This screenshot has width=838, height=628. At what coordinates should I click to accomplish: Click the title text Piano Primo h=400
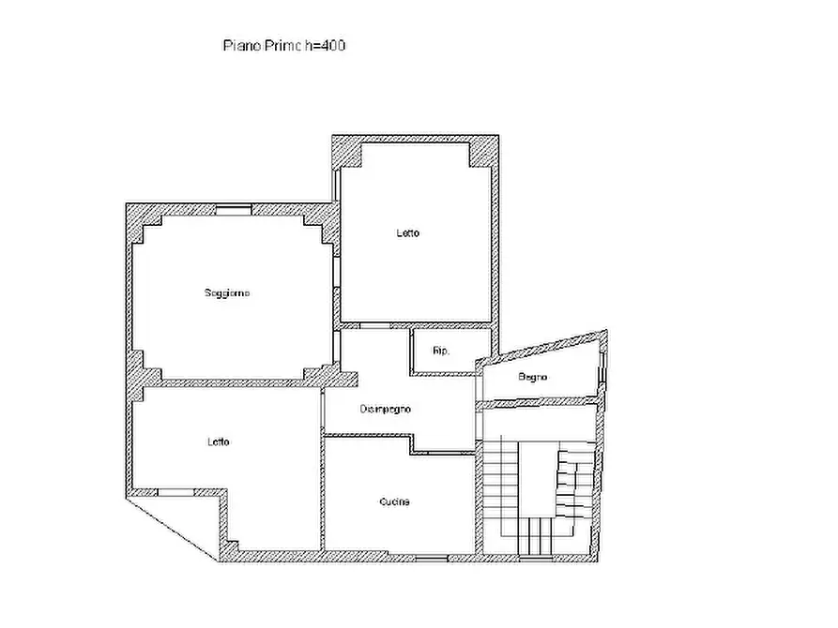tap(283, 45)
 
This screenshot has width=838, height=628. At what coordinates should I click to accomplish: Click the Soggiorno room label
tap(227, 292)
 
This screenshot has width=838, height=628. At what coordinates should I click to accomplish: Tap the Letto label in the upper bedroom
tap(408, 232)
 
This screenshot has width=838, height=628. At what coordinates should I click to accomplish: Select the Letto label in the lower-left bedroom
tap(219, 441)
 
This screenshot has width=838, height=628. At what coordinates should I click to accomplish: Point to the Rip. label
tap(441, 351)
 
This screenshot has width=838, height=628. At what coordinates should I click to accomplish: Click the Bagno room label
tap(532, 377)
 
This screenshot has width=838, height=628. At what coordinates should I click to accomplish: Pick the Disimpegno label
tap(386, 409)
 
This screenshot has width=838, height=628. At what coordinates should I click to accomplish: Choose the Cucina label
tap(394, 502)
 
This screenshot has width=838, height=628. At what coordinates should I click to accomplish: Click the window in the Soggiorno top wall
tap(234, 209)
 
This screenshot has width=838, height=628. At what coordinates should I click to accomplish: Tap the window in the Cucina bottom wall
tap(432, 559)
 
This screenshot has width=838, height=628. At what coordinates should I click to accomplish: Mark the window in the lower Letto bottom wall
tap(175, 492)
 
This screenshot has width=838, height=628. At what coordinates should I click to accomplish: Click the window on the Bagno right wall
tap(602, 367)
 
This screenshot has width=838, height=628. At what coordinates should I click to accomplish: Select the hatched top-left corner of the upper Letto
tap(347, 152)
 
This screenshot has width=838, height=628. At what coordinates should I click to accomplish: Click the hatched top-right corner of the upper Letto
tap(484, 152)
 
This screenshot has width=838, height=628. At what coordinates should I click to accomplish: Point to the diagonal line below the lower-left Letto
tap(172, 530)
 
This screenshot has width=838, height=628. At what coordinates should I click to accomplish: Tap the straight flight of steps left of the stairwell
tap(501, 486)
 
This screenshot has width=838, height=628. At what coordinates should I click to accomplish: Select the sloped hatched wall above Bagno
tap(541, 347)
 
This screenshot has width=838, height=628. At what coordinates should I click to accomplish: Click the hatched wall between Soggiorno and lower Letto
tap(236, 382)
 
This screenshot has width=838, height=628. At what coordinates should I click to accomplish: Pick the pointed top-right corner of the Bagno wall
tap(606, 331)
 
